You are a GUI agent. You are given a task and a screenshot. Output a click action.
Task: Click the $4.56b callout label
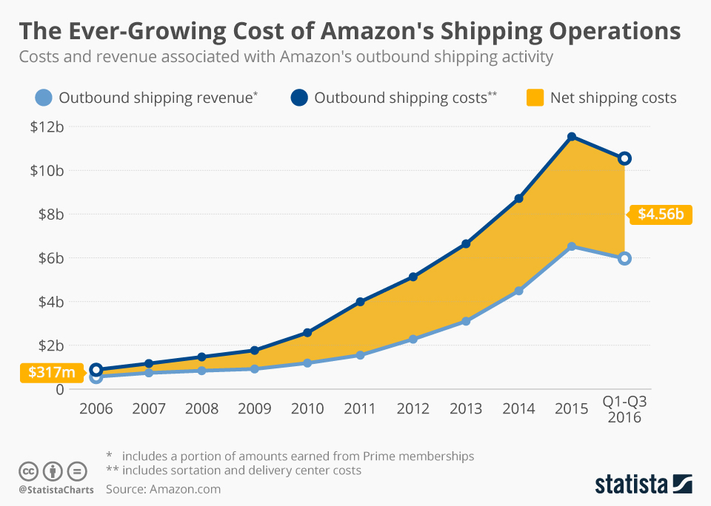[661, 215]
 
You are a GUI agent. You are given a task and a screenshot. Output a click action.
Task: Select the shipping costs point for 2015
[572, 137]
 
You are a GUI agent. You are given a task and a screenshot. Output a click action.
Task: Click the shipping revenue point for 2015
[572, 246]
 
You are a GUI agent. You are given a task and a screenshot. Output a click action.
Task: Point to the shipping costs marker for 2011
[360, 302]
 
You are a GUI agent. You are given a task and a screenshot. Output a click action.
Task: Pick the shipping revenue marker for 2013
[466, 321]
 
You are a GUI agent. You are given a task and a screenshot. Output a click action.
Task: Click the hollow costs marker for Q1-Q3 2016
[624, 158]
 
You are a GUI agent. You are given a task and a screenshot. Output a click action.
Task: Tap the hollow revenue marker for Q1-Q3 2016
[624, 258]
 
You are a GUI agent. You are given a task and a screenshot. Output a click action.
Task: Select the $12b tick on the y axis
[47, 127]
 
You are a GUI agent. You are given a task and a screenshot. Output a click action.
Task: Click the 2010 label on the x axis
[307, 408]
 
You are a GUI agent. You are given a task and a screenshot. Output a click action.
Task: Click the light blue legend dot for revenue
[44, 97]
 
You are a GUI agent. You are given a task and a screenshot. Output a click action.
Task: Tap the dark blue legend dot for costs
[299, 97]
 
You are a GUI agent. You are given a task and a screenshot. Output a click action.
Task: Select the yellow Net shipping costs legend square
[533, 97]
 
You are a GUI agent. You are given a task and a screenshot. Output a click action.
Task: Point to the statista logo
[643, 484]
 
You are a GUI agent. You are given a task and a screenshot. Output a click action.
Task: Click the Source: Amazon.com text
[163, 489]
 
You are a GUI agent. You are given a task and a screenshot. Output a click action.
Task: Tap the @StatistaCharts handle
[56, 490]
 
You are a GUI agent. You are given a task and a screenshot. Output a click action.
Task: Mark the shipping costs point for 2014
[518, 198]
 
